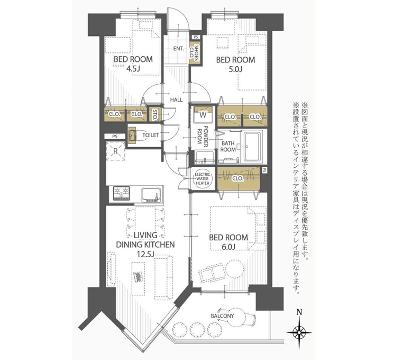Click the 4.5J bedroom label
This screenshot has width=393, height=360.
pos(133,64)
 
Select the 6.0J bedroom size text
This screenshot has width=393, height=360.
pos(228,247)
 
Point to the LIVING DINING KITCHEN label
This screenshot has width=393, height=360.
pos(145,245)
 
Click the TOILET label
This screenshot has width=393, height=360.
pos(150,135)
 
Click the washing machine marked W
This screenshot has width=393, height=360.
pos(203,115)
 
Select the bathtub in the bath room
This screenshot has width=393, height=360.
pos(254,147)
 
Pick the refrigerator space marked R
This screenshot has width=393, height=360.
pos(115,151)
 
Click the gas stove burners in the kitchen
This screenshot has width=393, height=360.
pos(122,193)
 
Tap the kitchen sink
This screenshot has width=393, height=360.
pos(151,194)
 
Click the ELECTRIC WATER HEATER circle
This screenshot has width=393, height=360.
pos(203,178)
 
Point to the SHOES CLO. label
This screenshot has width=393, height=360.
pos(195,53)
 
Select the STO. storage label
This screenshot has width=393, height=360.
pos(155,115)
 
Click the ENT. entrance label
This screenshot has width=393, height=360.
pos(179,49)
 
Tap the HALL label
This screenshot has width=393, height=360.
pos(177,100)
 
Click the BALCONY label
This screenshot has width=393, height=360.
pos(222,316)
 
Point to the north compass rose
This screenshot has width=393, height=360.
pos(299,333)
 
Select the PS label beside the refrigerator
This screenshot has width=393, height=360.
pos(115,137)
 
